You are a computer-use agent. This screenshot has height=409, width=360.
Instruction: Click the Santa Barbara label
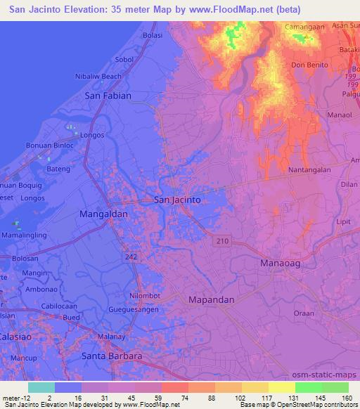coord(112,356)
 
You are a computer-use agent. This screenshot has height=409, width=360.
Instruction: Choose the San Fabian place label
coord(108,94)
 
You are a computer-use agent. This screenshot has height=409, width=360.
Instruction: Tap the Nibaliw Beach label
coord(103,76)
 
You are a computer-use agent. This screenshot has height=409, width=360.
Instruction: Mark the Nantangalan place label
coord(309,171)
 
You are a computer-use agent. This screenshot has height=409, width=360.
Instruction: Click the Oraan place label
coord(303,313)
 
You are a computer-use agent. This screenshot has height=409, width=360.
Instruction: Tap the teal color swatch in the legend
coord(41,387)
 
